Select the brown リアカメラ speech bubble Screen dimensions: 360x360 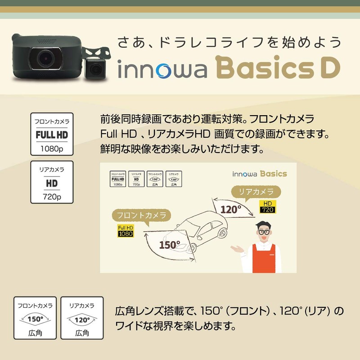tap(255, 192)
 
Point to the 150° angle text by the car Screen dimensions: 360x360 tap(169, 244)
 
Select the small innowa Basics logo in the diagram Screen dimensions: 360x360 tap(260, 174)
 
